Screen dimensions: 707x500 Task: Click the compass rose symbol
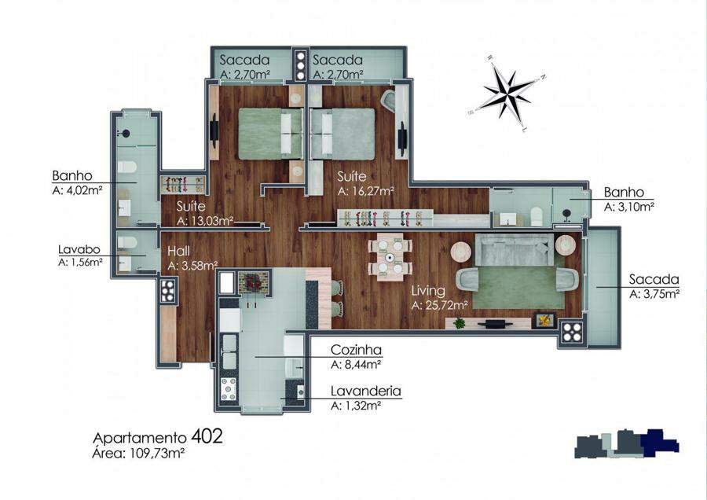[x=507, y=93]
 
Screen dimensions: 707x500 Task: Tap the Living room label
[x=428, y=291]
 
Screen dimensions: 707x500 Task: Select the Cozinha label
[x=356, y=350]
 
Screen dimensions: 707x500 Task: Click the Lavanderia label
[x=365, y=391]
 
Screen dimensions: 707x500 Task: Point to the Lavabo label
[x=79, y=249]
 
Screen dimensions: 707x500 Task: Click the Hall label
[x=178, y=251]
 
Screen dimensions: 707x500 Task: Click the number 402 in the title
[x=207, y=436]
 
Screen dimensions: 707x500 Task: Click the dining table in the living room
[x=390, y=256]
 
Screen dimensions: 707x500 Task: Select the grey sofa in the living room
[x=514, y=249]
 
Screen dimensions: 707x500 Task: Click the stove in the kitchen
[x=228, y=389]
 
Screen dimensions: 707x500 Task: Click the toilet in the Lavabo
[x=127, y=243]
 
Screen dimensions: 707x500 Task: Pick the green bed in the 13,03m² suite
[x=269, y=134]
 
